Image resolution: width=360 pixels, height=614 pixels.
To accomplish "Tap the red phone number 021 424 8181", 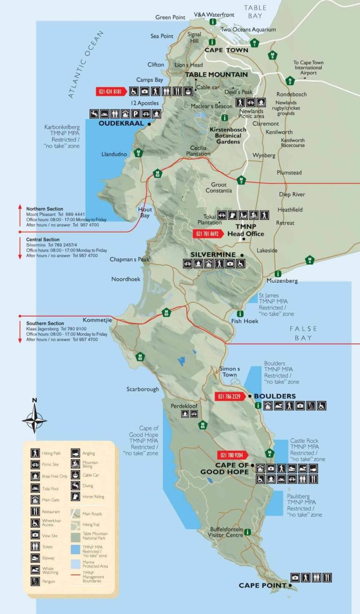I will [x=110, y=91].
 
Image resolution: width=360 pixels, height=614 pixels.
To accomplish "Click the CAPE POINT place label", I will [x=262, y=585].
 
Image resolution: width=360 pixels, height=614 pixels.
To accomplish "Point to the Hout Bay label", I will [x=144, y=212].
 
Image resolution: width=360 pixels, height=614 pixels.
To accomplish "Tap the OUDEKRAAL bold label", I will [x=121, y=124].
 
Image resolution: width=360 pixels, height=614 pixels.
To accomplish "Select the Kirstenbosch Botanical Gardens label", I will [x=225, y=135].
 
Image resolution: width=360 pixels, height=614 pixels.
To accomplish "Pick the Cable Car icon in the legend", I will [x=75, y=475].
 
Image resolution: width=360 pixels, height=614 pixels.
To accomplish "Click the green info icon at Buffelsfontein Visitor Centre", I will [x=247, y=532].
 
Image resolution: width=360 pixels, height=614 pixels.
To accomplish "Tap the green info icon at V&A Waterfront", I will [x=213, y=22].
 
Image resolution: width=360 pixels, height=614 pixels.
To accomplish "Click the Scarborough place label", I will [x=142, y=389].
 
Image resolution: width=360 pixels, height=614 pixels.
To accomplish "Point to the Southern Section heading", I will [x=45, y=323].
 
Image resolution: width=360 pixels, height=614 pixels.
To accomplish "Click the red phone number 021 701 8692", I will [x=207, y=234].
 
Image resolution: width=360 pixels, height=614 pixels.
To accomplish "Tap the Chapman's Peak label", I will [x=129, y=259].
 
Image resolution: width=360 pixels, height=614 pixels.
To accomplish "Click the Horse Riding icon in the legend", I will [x=75, y=496].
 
